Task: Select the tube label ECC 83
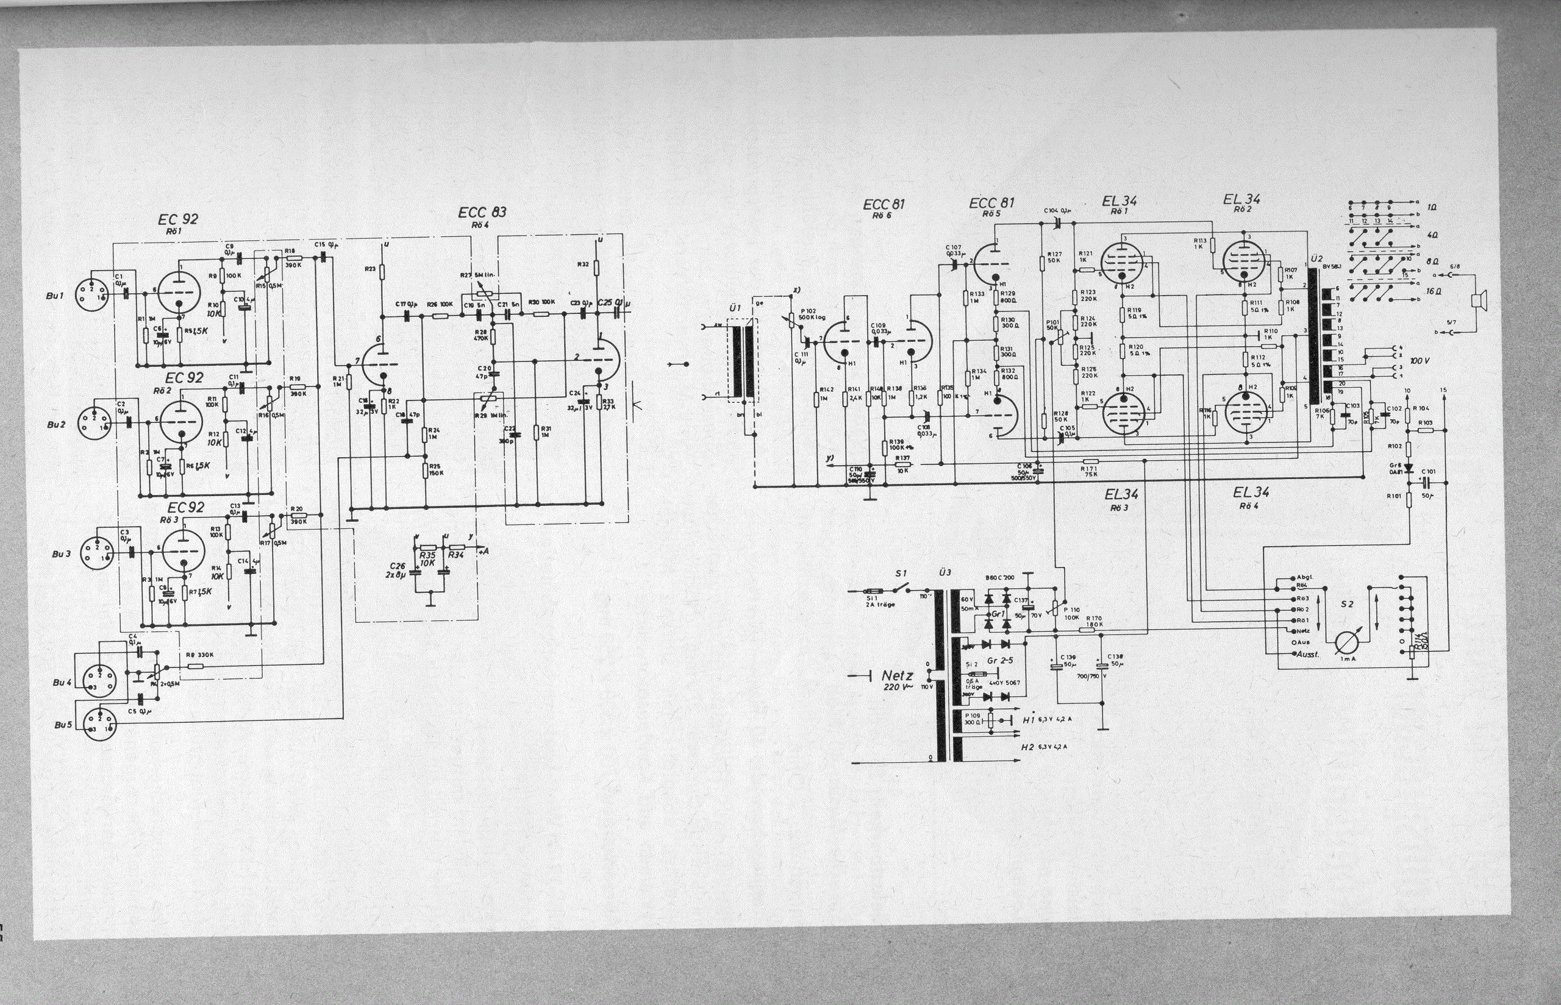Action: pyautogui.click(x=482, y=212)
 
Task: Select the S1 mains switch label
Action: pyautogui.click(x=902, y=573)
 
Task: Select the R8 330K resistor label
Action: pyautogui.click(x=199, y=655)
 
